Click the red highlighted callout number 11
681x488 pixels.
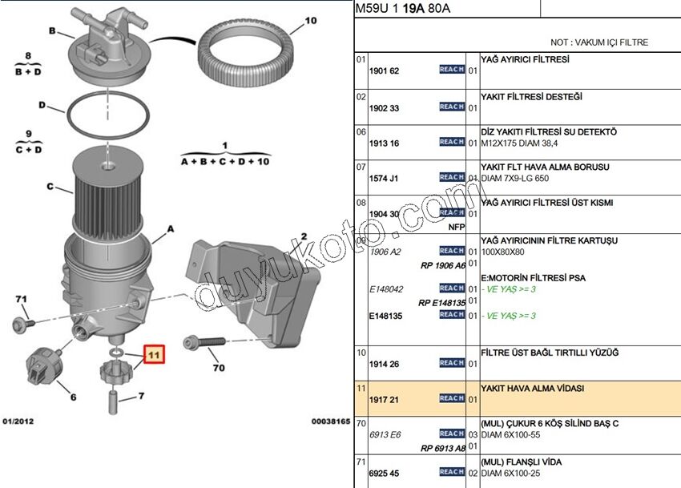(x=153, y=353)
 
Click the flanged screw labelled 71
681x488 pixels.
(x=22, y=325)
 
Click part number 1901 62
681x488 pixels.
(x=384, y=71)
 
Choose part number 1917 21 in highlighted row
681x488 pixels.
(x=384, y=398)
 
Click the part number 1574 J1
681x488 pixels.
(x=384, y=178)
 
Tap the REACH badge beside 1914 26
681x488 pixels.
(x=452, y=363)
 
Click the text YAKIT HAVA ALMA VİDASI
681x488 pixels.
(x=532, y=388)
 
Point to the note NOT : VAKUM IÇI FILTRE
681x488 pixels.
(x=599, y=42)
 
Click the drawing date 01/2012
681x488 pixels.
(x=18, y=421)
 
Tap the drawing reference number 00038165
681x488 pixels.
(x=331, y=421)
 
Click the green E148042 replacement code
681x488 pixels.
(x=386, y=289)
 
